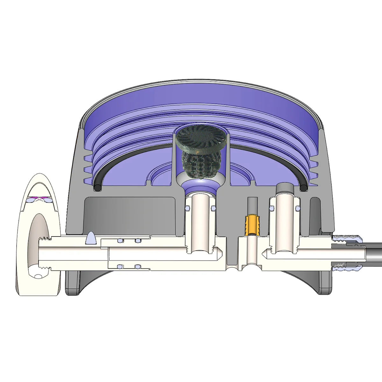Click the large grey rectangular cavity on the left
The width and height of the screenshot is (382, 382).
pyautogui.click(x=131, y=216)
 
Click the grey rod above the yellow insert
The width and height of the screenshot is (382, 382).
pyautogui.click(x=253, y=206)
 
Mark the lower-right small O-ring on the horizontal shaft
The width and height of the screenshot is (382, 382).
pyautogui.click(x=137, y=266)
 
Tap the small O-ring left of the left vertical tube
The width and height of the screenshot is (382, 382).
pyautogui.click(x=187, y=208)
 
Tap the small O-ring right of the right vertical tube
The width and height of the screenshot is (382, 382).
pyautogui.click(x=298, y=208)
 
